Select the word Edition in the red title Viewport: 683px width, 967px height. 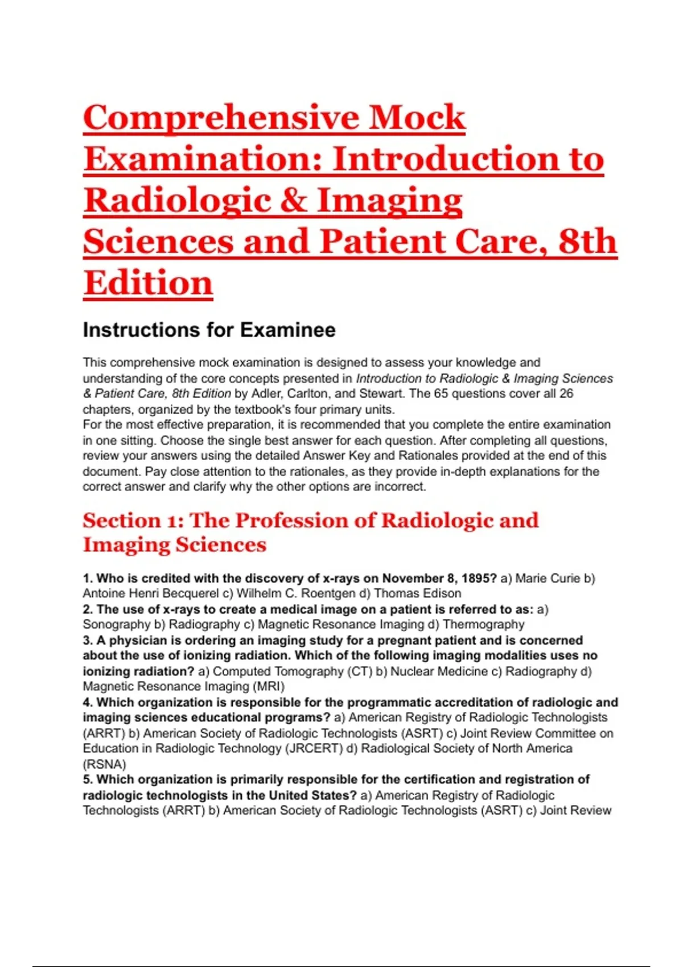(x=148, y=283)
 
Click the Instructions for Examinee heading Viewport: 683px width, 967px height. (x=209, y=330)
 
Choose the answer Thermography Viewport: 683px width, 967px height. (x=483, y=625)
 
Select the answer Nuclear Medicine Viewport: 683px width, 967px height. (x=437, y=672)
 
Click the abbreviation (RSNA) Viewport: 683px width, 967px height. (x=104, y=764)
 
